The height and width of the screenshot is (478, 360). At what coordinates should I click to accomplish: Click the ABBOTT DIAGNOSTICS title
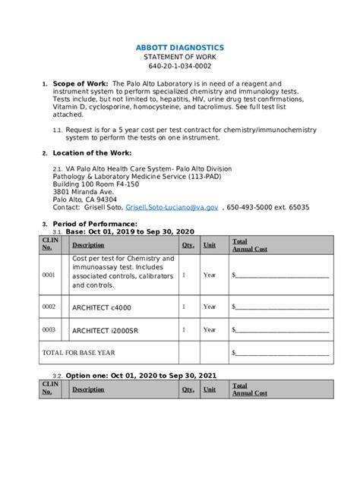click(179, 48)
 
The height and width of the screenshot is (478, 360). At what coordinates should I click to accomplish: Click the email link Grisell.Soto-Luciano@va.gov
click(172, 207)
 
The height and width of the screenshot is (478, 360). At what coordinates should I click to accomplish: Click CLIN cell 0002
click(49, 307)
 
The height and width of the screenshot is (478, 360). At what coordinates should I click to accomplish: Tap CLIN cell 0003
click(49, 330)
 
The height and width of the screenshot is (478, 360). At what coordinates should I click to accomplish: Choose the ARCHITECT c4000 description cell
click(101, 307)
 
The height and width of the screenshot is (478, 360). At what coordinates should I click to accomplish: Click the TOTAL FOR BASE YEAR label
click(78, 353)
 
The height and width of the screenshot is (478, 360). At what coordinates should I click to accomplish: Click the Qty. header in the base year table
click(188, 245)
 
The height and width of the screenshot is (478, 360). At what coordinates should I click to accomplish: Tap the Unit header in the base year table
click(210, 245)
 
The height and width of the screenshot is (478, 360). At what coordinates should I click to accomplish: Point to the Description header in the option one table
click(88, 389)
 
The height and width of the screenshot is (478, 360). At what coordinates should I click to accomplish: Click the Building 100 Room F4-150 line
click(96, 184)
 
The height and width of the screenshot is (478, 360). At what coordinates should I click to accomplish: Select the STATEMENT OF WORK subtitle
click(179, 58)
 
